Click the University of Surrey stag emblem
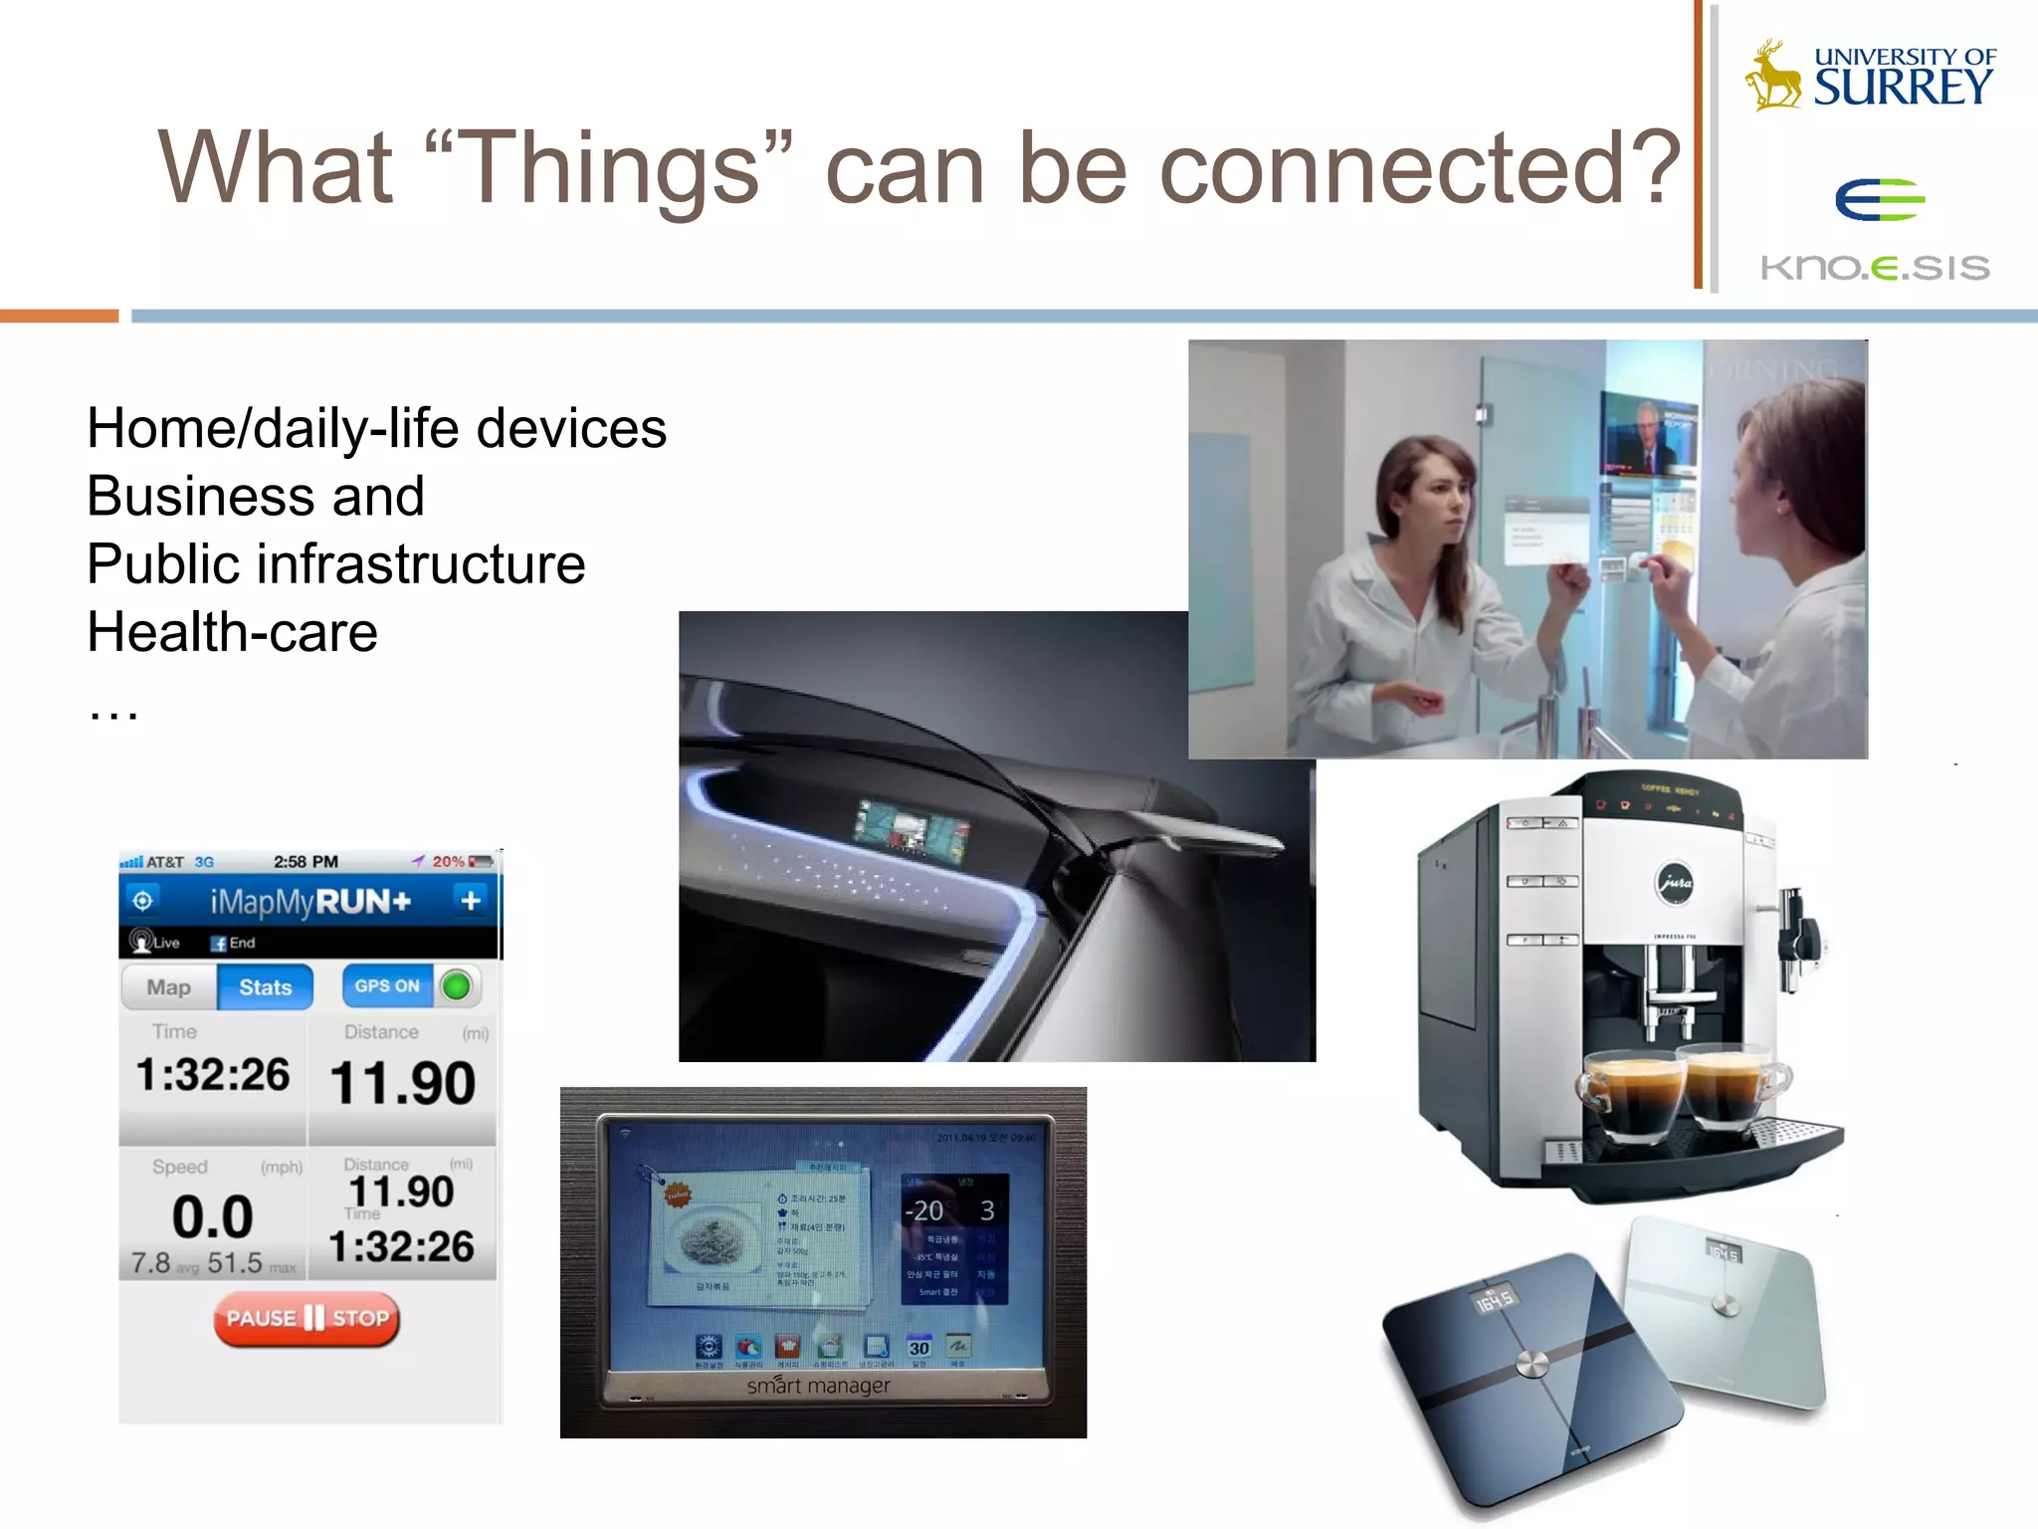click(x=1774, y=76)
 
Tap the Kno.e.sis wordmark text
click(x=1875, y=267)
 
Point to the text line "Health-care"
click(x=232, y=632)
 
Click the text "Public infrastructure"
click(x=335, y=564)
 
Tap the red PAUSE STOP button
click(x=306, y=1319)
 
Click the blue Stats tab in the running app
click(x=265, y=987)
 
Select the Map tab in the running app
click(x=168, y=987)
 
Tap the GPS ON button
click(x=387, y=985)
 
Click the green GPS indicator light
click(x=457, y=986)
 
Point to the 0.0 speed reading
click(x=212, y=1216)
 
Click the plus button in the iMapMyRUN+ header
click(x=470, y=901)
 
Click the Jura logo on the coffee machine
click(x=1675, y=882)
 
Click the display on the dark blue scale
click(x=1494, y=1301)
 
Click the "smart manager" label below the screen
click(x=818, y=1385)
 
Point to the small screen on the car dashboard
click(x=911, y=827)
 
